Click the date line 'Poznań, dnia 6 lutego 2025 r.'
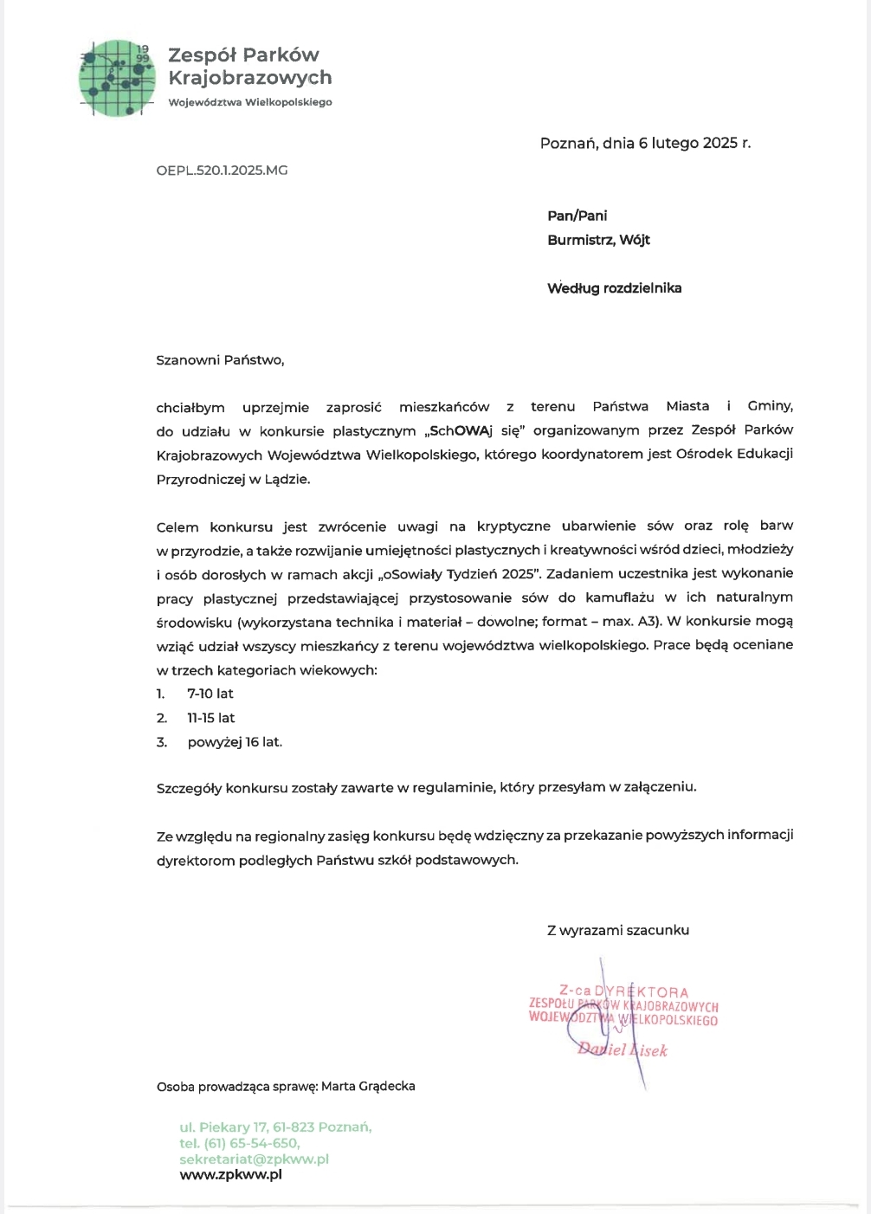(645, 144)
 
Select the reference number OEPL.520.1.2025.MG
(222, 171)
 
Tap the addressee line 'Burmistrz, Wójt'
(598, 240)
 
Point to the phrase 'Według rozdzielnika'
(614, 288)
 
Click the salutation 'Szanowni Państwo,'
(220, 360)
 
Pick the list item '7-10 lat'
(210, 694)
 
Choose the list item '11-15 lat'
(211, 718)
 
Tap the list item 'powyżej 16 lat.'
(235, 742)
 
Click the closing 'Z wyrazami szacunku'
(617, 930)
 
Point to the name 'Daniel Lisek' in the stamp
(623, 1049)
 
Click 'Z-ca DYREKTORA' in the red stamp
(623, 992)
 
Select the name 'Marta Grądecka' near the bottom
(368, 1086)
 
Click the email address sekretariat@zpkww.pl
(254, 1159)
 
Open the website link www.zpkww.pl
(230, 1175)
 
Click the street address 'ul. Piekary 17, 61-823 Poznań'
(274, 1127)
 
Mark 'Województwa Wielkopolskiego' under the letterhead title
(249, 102)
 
